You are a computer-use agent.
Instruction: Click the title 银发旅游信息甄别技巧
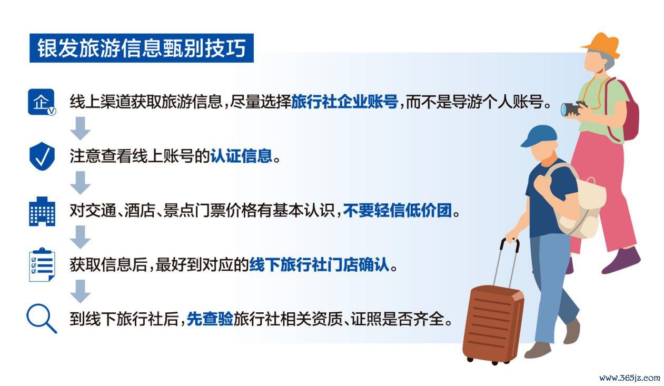click(142, 48)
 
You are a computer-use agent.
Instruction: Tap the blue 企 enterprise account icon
click(42, 102)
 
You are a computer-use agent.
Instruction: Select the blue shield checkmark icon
click(42, 156)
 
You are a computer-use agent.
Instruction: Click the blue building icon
click(42, 211)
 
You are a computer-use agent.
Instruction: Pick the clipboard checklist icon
click(42, 264)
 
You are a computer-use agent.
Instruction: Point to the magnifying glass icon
click(42, 319)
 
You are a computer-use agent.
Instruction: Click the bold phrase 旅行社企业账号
click(344, 102)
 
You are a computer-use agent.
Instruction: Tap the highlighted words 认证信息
click(241, 156)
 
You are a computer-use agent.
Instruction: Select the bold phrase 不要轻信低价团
click(398, 211)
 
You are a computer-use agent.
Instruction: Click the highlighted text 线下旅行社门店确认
click(319, 264)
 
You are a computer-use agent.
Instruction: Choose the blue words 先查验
click(210, 319)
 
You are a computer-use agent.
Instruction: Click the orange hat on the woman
click(601, 45)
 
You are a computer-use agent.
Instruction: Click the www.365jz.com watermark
click(630, 378)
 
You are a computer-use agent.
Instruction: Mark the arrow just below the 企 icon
click(81, 128)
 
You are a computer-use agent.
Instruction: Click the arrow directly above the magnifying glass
click(81, 291)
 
